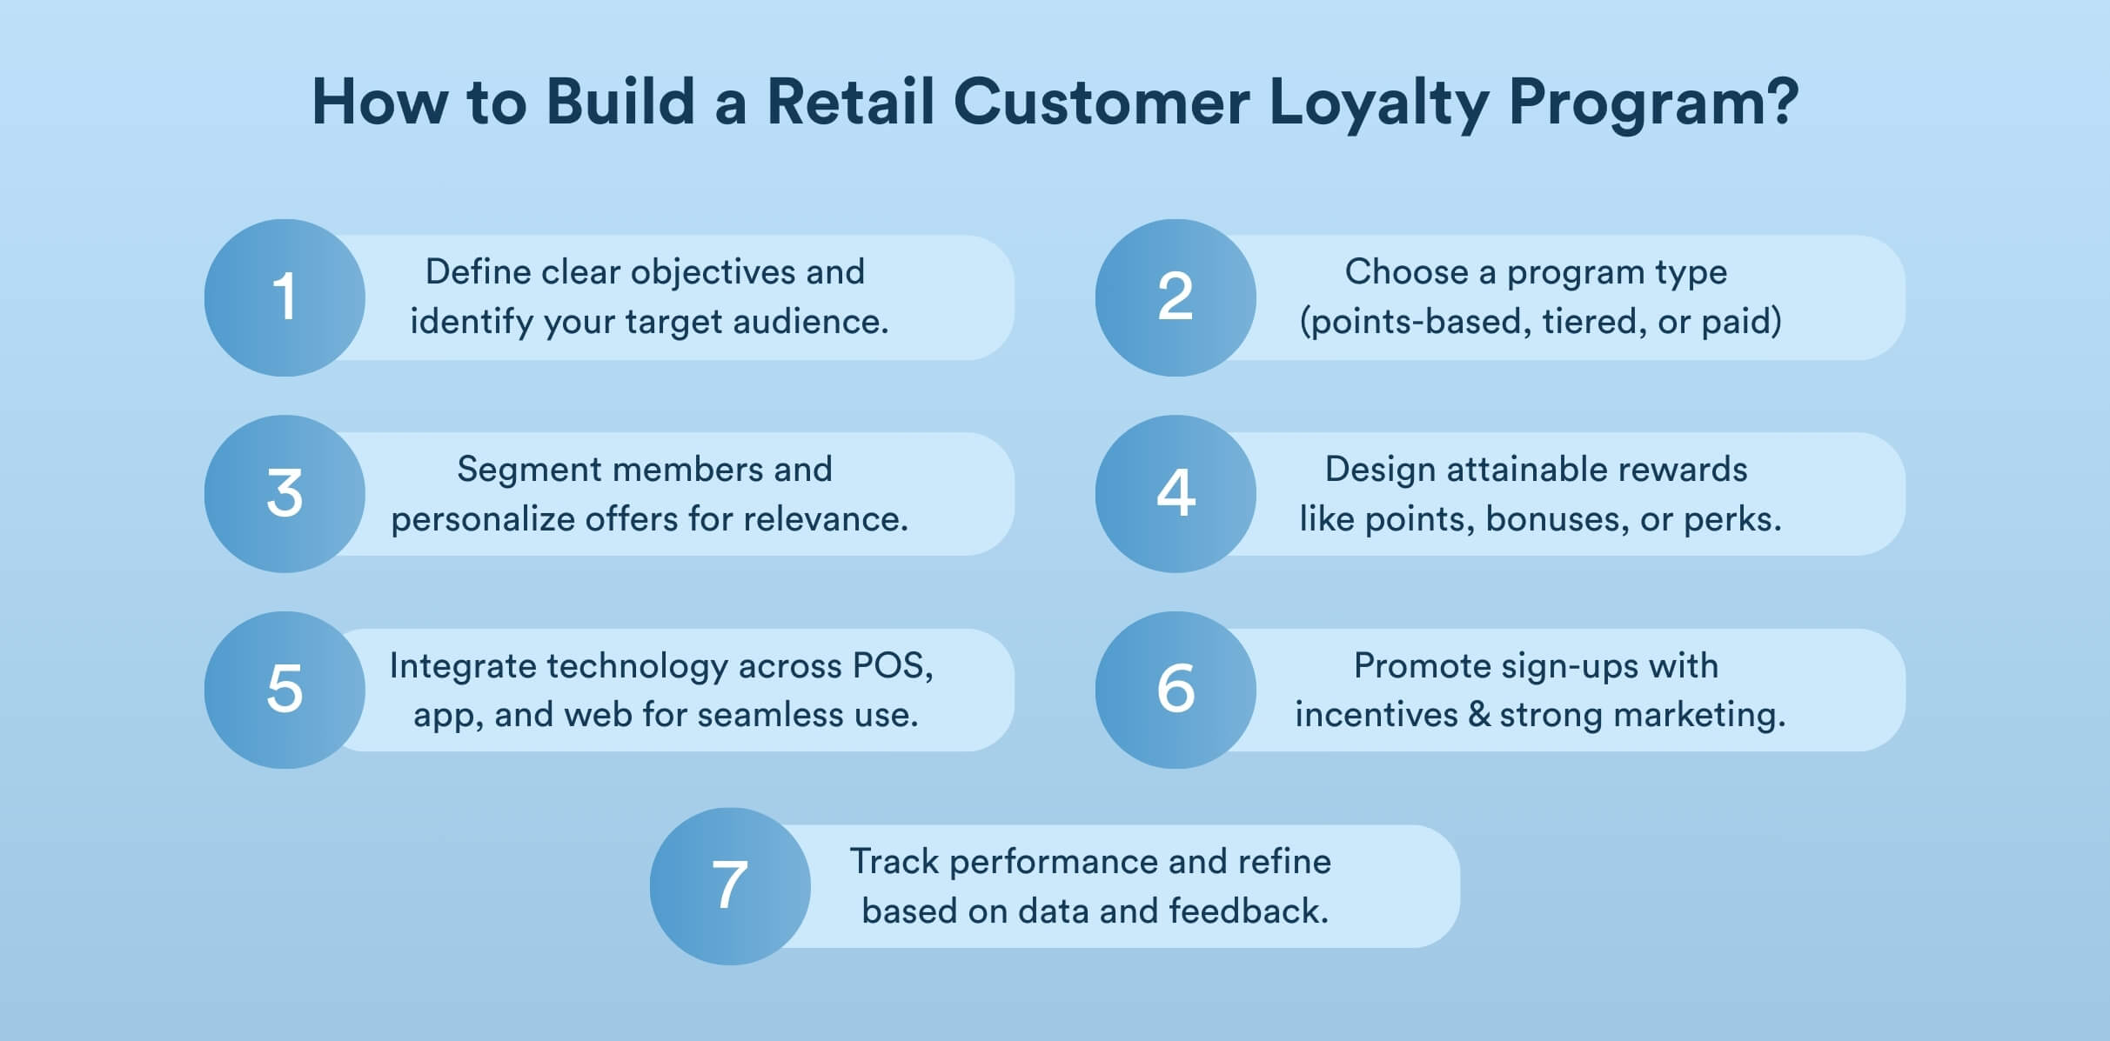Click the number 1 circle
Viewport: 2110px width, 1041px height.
(x=285, y=297)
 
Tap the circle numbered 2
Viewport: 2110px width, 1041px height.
(x=1176, y=297)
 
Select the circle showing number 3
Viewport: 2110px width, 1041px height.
(x=285, y=493)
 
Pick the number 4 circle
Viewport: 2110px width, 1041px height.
(x=1176, y=493)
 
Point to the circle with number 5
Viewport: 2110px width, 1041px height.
(x=285, y=690)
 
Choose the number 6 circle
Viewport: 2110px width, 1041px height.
(x=1176, y=690)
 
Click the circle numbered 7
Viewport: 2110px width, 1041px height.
(x=730, y=886)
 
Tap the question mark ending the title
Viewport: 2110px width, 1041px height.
(x=1779, y=101)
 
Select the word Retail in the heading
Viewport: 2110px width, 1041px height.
(x=850, y=101)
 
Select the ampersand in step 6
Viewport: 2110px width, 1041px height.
(x=1479, y=715)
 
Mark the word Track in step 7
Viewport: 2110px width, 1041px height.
(x=894, y=862)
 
